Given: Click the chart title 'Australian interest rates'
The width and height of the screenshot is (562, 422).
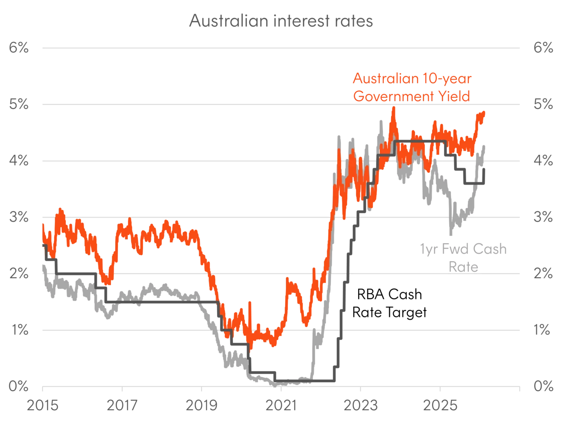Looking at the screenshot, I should (281, 22).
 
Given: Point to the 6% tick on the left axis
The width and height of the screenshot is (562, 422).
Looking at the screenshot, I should (19, 48).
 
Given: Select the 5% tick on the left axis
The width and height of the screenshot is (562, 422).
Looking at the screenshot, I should (19, 104).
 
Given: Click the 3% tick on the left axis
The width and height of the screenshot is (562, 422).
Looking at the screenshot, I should (19, 217).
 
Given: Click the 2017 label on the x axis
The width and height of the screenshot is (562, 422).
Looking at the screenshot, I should (122, 405).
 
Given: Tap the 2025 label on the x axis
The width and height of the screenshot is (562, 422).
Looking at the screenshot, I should (442, 405).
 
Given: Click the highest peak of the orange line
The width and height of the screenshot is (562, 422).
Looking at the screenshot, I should (394, 107).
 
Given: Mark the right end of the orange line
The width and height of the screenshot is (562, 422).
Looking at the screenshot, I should (485, 113).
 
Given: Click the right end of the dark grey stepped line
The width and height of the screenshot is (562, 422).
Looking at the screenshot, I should (487, 169).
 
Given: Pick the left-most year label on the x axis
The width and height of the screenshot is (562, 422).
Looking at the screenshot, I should (43, 405).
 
